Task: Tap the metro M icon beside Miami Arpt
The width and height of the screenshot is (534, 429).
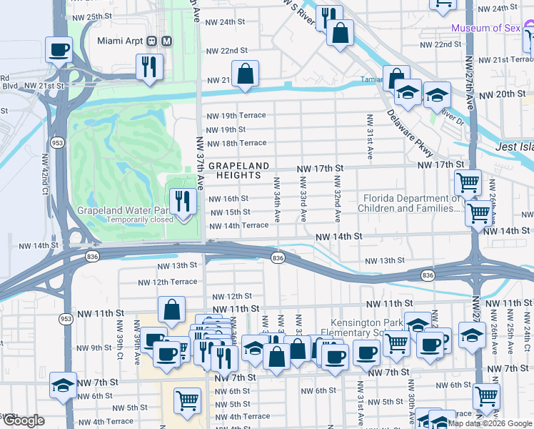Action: tap(166, 41)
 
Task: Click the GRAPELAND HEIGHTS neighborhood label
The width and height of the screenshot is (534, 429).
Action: tap(239, 169)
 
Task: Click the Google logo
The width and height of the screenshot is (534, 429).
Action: tap(23, 420)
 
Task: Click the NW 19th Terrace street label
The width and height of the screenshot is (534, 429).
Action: tap(236, 115)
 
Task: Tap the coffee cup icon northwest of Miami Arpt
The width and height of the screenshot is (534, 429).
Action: tap(59, 49)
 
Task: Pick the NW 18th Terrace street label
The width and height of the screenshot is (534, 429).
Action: tap(236, 143)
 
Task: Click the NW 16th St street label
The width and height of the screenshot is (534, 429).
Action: tap(229, 198)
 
